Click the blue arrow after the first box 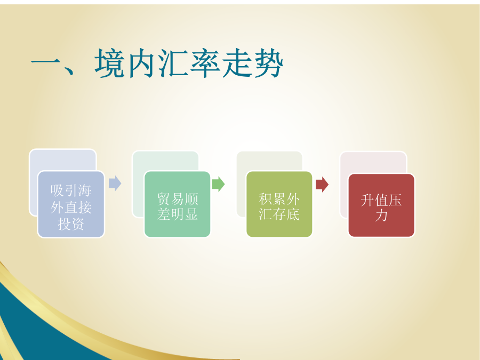(x=115, y=183)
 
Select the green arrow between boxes (x=218, y=184)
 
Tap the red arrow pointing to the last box (x=322, y=185)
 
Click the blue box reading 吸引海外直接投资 (x=71, y=204)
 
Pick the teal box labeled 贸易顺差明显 (x=177, y=204)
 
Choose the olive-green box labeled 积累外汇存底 (x=279, y=204)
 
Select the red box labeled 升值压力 (x=381, y=205)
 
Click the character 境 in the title (x=109, y=63)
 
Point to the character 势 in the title (x=268, y=63)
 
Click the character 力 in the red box (x=381, y=215)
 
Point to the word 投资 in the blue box (x=71, y=224)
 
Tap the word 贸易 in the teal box (x=171, y=199)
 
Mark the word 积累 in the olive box (x=272, y=199)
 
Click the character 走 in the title (x=236, y=63)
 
